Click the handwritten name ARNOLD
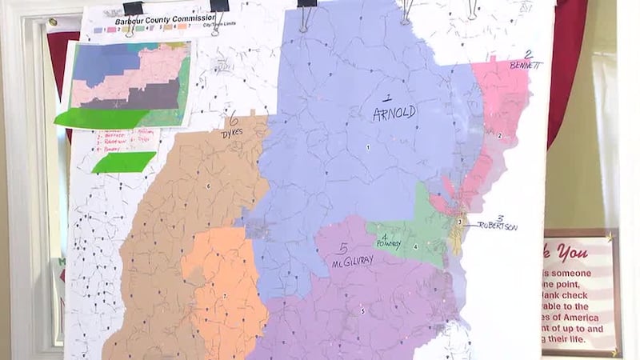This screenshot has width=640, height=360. pyautogui.click(x=394, y=113)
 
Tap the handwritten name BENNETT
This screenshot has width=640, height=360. pyautogui.click(x=525, y=65)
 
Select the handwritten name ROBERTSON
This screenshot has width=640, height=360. pyautogui.click(x=495, y=226)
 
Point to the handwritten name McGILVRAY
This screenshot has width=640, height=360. pyautogui.click(x=353, y=261)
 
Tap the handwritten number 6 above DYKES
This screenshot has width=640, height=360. pyautogui.click(x=234, y=122)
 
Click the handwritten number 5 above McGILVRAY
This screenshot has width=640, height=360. pyautogui.click(x=343, y=247)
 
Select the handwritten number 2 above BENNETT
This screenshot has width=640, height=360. pyautogui.click(x=528, y=54)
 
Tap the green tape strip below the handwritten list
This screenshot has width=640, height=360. pyautogui.click(x=123, y=162)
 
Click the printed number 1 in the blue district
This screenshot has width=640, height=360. pyautogui.click(x=369, y=147)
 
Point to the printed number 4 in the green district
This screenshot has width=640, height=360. pyautogui.click(x=415, y=246)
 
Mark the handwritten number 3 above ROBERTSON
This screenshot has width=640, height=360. pyautogui.click(x=500, y=218)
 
